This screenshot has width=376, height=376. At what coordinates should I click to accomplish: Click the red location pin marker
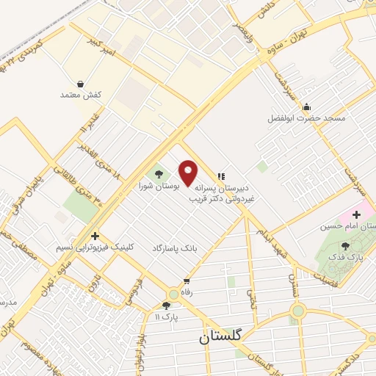tap(189, 173)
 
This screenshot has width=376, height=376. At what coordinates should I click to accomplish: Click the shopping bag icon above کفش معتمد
tap(80, 84)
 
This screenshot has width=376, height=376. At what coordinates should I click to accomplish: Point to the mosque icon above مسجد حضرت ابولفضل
tap(307, 106)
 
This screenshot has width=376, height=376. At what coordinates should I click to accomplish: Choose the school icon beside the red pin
tap(220, 176)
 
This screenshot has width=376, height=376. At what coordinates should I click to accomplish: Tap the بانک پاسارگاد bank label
tap(176, 250)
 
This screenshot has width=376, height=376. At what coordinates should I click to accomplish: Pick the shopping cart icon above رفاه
tap(187, 281)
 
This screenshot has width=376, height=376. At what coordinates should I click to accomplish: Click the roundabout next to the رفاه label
tap(174, 292)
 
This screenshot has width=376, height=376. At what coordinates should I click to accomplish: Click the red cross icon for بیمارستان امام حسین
tap(358, 215)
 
